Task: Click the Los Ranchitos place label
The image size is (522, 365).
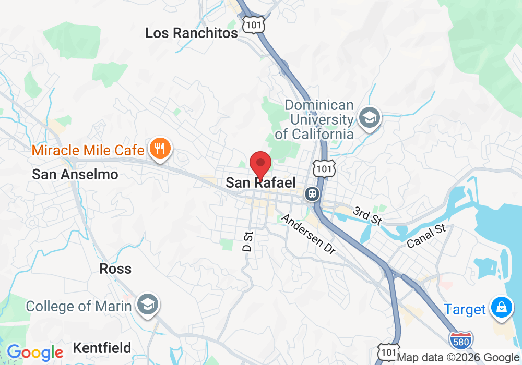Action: pyautogui.click(x=191, y=33)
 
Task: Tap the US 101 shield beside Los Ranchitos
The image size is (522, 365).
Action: pyautogui.click(x=253, y=24)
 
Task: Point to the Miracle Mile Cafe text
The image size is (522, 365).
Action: pyautogui.click(x=88, y=151)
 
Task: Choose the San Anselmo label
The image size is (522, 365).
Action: pyautogui.click(x=75, y=174)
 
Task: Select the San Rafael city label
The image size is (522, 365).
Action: pyautogui.click(x=260, y=182)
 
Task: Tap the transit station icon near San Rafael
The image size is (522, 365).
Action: pyautogui.click(x=313, y=194)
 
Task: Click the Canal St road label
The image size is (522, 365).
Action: pyautogui.click(x=426, y=235)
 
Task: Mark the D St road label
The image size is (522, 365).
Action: pyautogui.click(x=248, y=240)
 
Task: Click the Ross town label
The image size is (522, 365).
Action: pyautogui.click(x=115, y=269)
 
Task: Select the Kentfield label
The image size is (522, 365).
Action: pyautogui.click(x=102, y=348)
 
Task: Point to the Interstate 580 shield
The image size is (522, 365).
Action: pyautogui.click(x=461, y=340)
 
